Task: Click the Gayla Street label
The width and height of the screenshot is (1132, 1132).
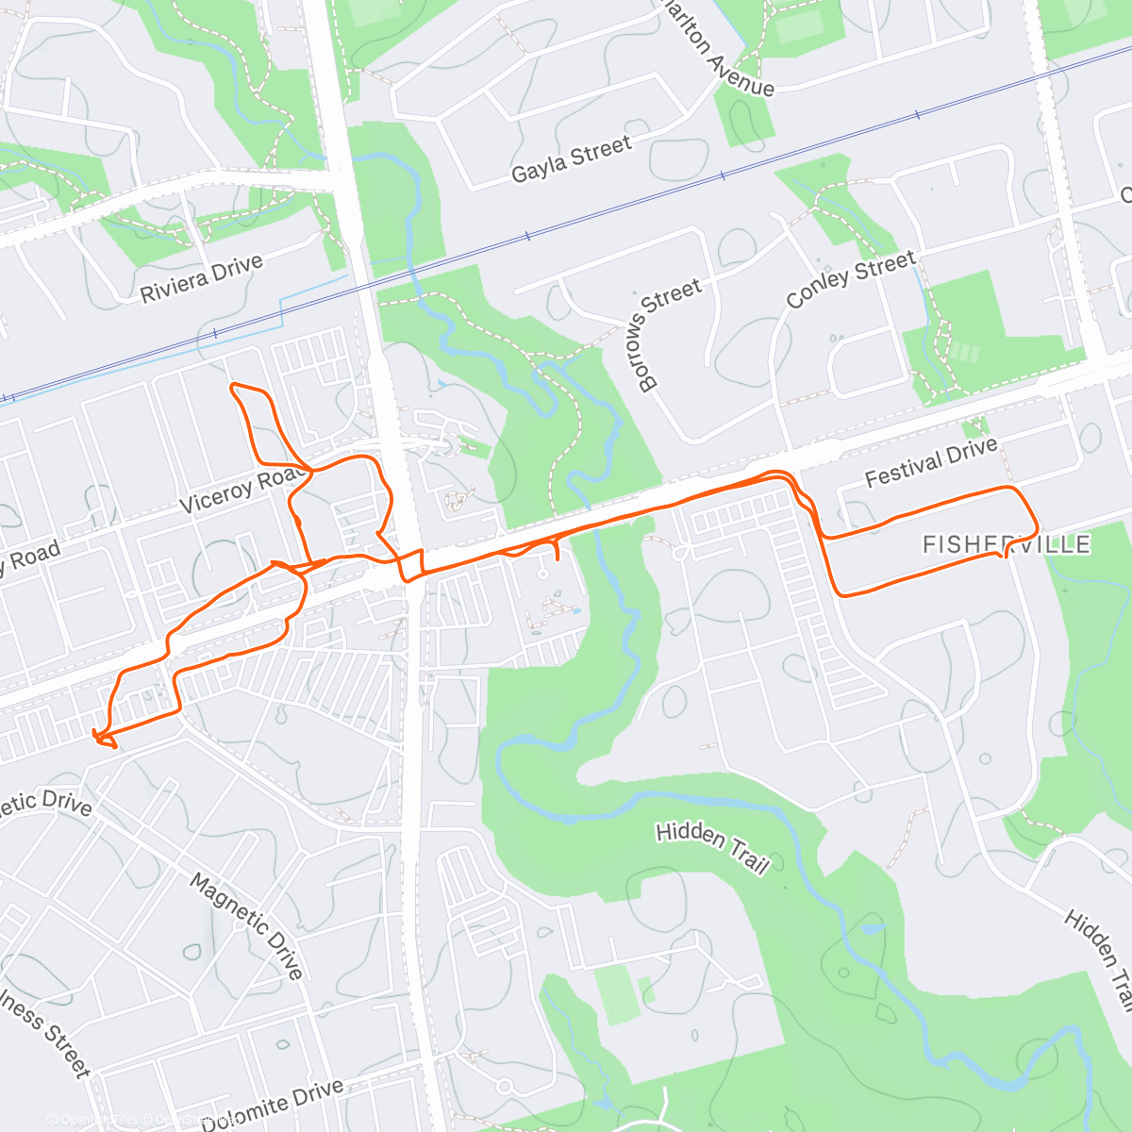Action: (571, 159)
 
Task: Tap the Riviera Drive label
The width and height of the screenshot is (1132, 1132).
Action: (201, 279)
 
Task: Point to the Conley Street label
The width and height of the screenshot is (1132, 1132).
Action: (851, 278)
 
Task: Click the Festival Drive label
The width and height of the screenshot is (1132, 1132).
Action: (931, 462)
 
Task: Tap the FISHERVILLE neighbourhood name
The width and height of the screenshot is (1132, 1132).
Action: (1006, 544)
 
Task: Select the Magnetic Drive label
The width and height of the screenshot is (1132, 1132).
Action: (247, 925)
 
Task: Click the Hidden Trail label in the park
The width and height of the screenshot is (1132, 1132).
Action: (713, 847)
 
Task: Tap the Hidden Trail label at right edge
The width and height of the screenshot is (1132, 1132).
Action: (1100, 957)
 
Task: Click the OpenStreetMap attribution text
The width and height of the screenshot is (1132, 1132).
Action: (141, 1121)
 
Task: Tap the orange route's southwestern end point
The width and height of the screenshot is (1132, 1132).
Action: (94, 733)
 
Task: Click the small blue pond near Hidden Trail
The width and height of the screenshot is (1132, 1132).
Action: (869, 928)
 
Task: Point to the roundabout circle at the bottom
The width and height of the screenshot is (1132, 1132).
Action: (504, 1088)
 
